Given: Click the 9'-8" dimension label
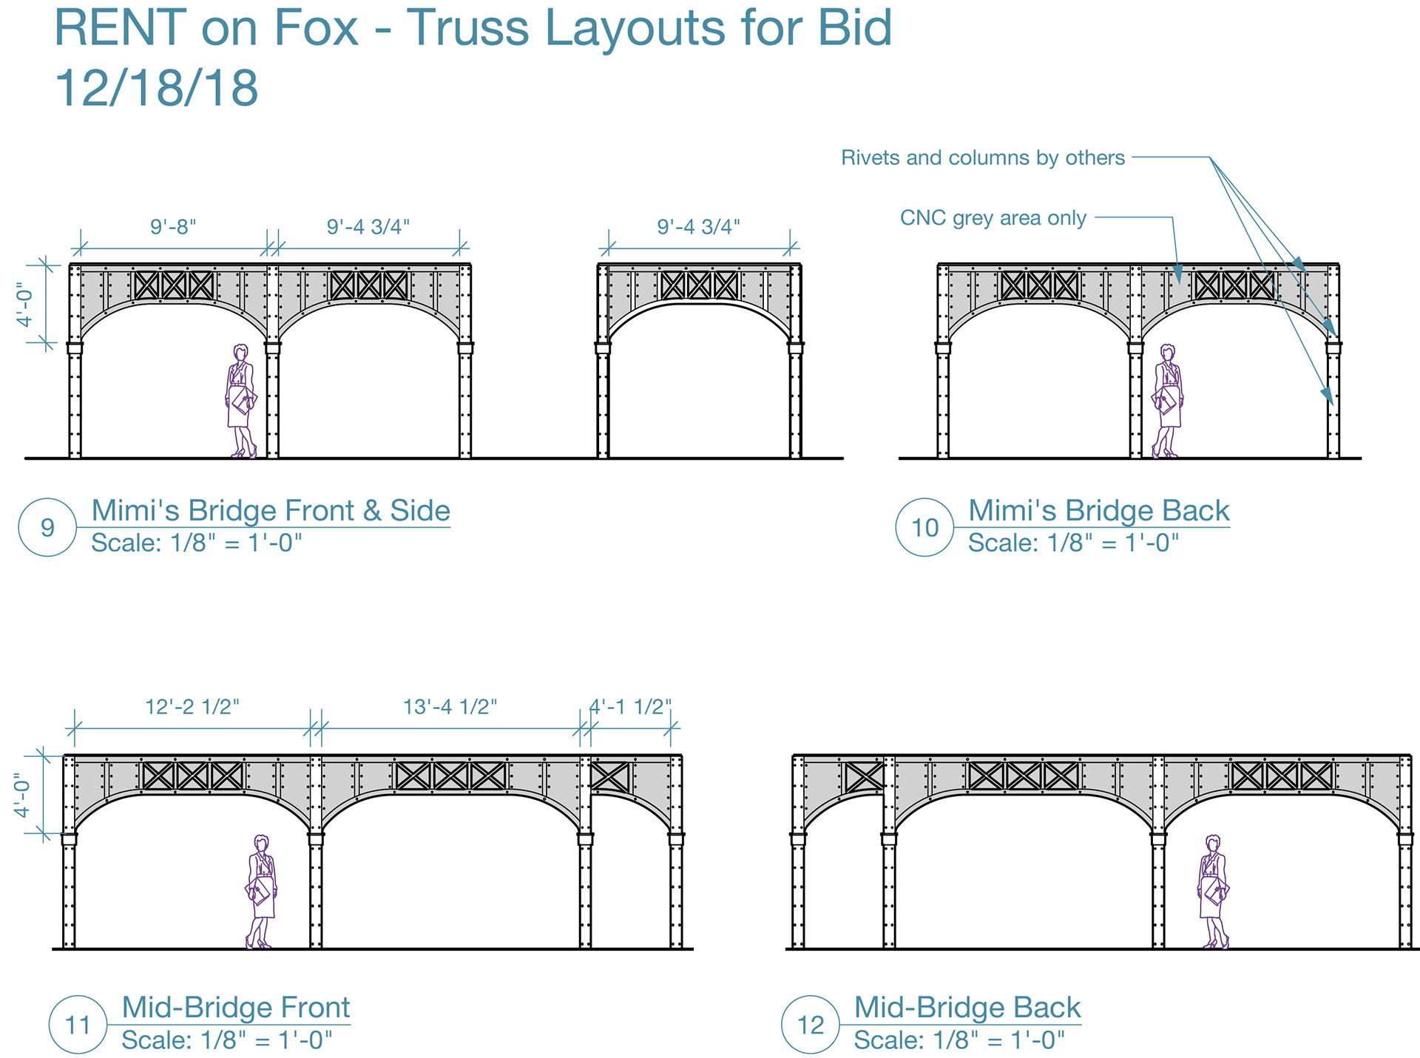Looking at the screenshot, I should click(173, 226).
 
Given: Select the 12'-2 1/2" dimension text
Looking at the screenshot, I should click(192, 707).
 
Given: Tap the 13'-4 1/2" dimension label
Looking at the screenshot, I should click(450, 707).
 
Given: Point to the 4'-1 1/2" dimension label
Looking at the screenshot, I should click(630, 707).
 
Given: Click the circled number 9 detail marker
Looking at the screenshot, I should click(47, 527).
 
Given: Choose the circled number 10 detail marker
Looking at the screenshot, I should click(924, 527).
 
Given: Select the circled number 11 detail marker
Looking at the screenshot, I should click(78, 1025).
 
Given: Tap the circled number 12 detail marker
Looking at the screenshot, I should click(811, 1025).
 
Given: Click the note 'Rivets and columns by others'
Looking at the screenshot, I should click(983, 157).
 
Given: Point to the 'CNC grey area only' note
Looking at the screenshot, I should click(993, 218).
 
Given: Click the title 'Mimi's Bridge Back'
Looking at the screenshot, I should click(1098, 510).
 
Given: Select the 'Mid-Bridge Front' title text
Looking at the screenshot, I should click(235, 1007).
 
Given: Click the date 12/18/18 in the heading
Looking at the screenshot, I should click(156, 88).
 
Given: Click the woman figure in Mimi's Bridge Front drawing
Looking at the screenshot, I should click(240, 400).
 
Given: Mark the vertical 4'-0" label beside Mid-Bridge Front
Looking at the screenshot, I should click(24, 795).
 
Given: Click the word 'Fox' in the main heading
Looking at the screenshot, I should click(316, 28).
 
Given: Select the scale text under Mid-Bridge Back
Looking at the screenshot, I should click(959, 1040).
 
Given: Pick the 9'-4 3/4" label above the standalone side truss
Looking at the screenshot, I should click(698, 226).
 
